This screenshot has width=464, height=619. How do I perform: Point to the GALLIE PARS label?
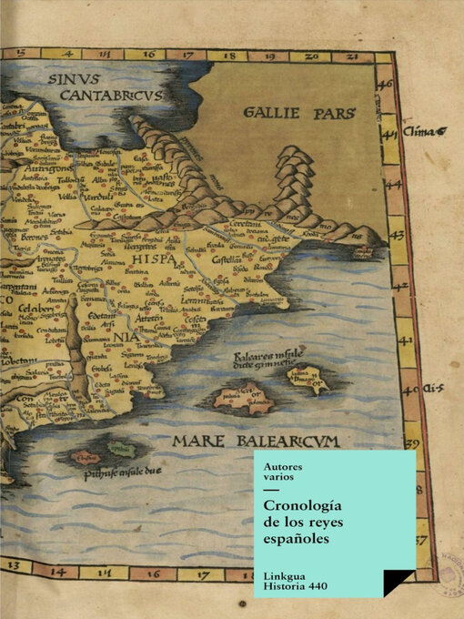click(x=299, y=113)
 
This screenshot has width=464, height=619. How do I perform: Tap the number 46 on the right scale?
click(x=386, y=84)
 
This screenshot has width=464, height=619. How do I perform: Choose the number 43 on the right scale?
click(x=397, y=234)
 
